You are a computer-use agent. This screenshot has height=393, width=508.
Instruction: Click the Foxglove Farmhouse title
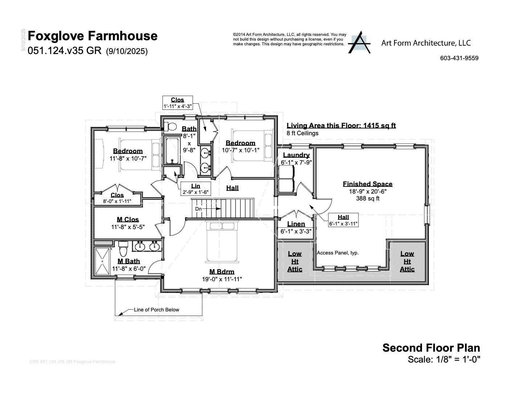(93, 36)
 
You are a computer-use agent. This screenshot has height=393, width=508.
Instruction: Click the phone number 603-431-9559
(459, 58)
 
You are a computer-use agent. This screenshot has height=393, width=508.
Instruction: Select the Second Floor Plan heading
(431, 348)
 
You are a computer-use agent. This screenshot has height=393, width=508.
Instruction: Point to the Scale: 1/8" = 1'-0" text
(444, 359)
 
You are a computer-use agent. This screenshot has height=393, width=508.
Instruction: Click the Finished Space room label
(367, 184)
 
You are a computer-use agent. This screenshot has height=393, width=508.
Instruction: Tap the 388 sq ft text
(368, 198)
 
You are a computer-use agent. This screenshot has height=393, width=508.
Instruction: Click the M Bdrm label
(222, 272)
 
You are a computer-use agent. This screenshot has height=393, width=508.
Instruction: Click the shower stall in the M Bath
(102, 261)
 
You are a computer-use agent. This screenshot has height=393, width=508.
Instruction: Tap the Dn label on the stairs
(198, 209)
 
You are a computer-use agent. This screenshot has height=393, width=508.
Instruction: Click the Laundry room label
(296, 155)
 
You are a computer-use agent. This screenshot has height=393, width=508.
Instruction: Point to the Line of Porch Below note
(156, 310)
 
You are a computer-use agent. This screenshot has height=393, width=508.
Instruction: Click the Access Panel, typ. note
(337, 253)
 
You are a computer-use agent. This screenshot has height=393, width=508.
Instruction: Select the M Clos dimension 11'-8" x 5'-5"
(128, 227)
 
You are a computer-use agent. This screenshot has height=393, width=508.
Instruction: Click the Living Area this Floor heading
(341, 125)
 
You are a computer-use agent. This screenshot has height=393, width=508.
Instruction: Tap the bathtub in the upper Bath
(172, 150)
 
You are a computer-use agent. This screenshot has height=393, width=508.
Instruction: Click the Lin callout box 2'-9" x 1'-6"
(196, 189)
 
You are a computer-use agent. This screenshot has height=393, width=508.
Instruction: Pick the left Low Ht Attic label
(295, 261)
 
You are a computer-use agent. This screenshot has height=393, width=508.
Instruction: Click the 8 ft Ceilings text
(302, 133)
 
